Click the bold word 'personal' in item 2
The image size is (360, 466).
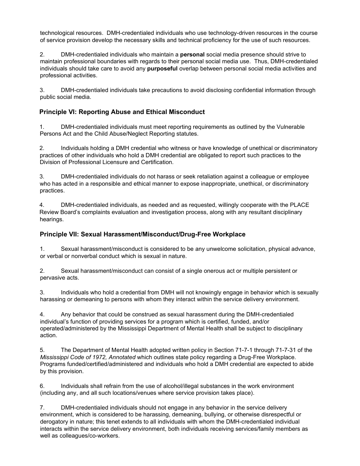pos(192,55)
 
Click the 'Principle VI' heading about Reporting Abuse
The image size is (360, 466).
pos(122,112)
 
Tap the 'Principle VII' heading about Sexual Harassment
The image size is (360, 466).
pos(142,234)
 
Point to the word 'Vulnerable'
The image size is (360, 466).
pos(290,127)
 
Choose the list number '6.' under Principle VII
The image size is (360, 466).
pos(42,386)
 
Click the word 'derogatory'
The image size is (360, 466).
pos(54,422)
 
